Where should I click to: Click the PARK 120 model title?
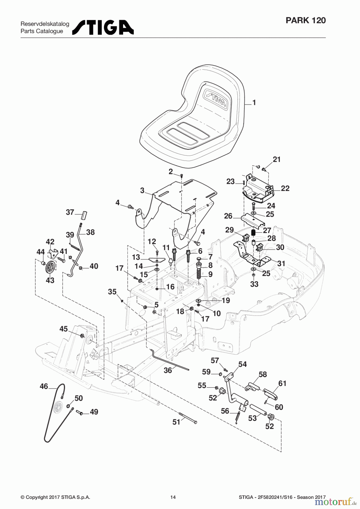coord(306,20)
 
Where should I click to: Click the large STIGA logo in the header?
coord(103,27)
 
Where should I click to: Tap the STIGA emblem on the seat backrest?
coord(216,99)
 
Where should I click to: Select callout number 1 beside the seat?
coord(254,102)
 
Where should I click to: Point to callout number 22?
coord(285,188)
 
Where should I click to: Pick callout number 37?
coord(70,212)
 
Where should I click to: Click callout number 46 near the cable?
coord(44,386)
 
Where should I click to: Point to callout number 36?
coord(168,370)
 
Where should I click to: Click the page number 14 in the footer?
coord(173,497)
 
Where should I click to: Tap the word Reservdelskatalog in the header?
coord(45,24)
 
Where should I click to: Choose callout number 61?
coord(282,383)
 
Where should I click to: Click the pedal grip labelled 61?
coord(271,393)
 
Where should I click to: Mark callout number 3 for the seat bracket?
coord(142,190)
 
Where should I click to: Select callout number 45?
coord(64,329)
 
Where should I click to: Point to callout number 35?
coord(112,292)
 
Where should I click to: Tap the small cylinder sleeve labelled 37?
coord(84,215)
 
